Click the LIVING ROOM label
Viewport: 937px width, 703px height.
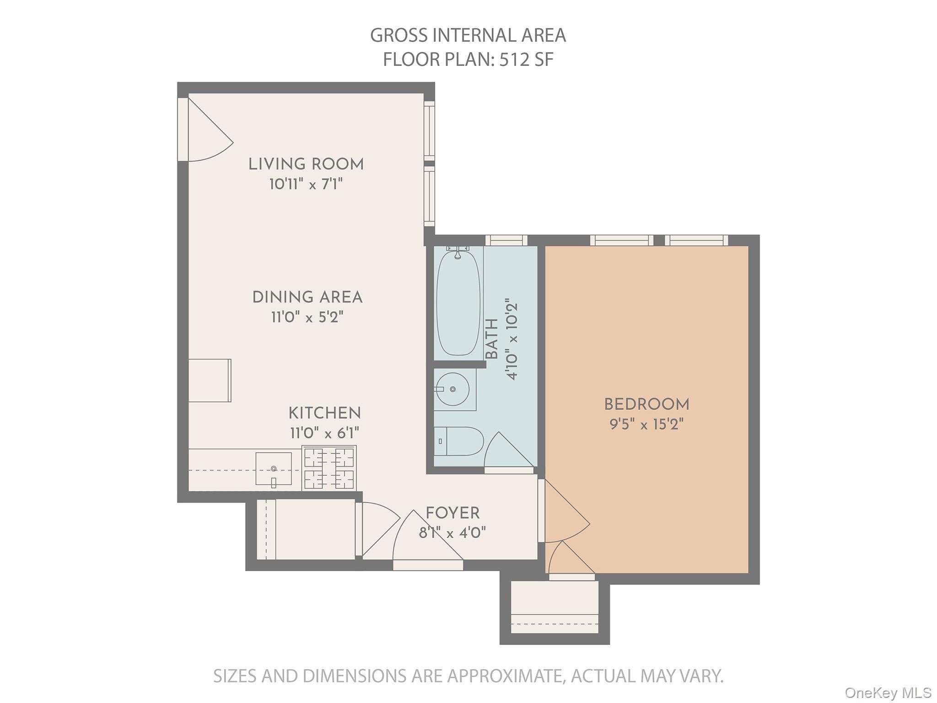click(x=306, y=164)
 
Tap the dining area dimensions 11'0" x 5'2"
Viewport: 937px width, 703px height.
click(x=307, y=317)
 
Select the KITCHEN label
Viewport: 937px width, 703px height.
click(x=324, y=413)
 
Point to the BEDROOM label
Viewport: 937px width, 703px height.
click(x=646, y=404)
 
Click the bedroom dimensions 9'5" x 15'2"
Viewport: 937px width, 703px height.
click(x=646, y=424)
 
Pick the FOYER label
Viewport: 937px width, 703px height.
click(x=452, y=513)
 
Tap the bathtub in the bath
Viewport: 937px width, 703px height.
click(x=458, y=303)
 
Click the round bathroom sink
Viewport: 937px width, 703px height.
click(x=452, y=389)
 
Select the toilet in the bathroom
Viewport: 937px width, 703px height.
click(x=458, y=441)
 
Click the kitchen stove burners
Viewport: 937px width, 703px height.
click(x=329, y=468)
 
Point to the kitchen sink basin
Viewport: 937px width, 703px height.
click(x=273, y=469)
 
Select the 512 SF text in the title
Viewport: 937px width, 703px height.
click(x=526, y=59)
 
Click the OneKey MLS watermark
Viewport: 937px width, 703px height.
click(x=888, y=692)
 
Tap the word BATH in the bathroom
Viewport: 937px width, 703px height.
click(x=491, y=339)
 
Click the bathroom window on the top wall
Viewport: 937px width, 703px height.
click(x=506, y=240)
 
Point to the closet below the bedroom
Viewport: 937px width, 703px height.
click(x=555, y=607)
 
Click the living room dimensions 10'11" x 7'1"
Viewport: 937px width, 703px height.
click(x=306, y=184)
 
